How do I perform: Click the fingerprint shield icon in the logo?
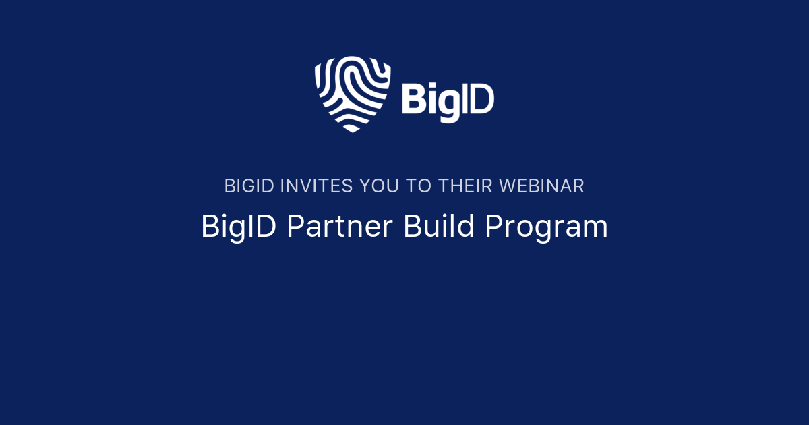pyautogui.click(x=352, y=93)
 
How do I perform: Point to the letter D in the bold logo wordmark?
pyautogui.click(x=481, y=99)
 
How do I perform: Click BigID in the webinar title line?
pyautogui.click(x=239, y=227)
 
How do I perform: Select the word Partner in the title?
pyautogui.click(x=339, y=227)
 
